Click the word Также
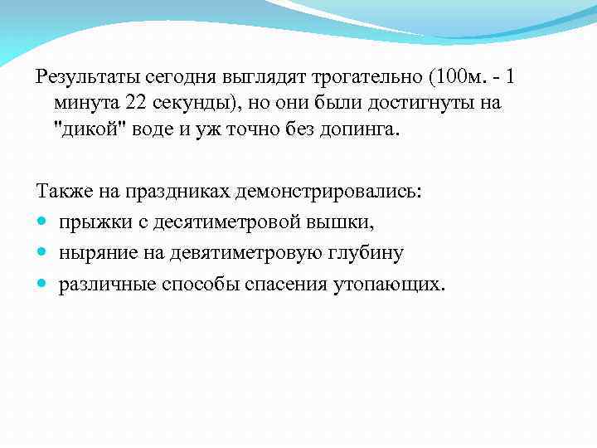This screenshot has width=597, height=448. coord(61,192)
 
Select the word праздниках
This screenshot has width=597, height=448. coord(178,192)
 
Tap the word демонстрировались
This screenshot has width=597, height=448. coord(328,192)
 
